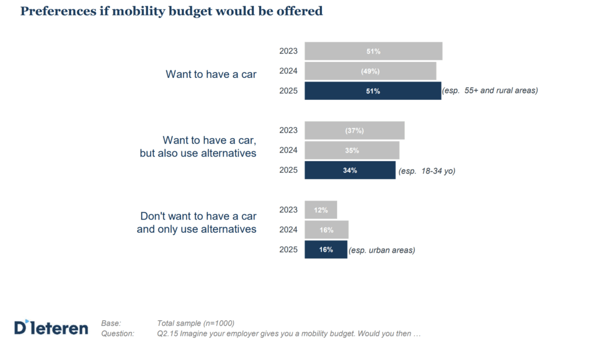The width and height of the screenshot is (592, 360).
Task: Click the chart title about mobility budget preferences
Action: [x=171, y=12]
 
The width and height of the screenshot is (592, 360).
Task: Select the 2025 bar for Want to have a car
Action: [x=373, y=91]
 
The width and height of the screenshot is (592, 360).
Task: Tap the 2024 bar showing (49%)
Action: [x=371, y=71]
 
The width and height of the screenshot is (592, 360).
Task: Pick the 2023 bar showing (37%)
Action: [x=354, y=131]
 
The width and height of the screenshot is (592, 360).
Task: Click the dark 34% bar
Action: [x=350, y=170]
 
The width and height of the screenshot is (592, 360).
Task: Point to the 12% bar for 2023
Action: [x=321, y=210]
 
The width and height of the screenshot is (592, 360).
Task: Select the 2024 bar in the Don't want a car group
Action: [x=326, y=230]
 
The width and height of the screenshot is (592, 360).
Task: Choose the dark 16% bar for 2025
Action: [x=326, y=250]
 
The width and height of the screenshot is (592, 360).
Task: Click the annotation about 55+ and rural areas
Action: [x=490, y=91]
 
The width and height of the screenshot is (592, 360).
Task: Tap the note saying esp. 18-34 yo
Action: [x=427, y=171]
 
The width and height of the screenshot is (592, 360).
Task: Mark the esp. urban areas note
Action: [x=382, y=250]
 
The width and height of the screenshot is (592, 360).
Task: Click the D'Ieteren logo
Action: [x=51, y=328]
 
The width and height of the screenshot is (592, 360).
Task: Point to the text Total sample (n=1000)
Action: [x=195, y=323]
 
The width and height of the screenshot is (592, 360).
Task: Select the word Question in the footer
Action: [x=117, y=333]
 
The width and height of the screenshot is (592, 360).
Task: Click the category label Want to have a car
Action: [x=211, y=75]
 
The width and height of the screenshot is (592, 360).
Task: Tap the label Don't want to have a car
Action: [x=198, y=216]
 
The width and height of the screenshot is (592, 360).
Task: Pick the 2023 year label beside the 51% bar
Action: [x=288, y=51]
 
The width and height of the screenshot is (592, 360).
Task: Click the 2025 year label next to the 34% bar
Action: [x=288, y=170]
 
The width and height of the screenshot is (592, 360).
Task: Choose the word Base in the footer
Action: [x=110, y=323]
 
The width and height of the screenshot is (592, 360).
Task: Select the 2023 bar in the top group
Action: [x=373, y=51]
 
